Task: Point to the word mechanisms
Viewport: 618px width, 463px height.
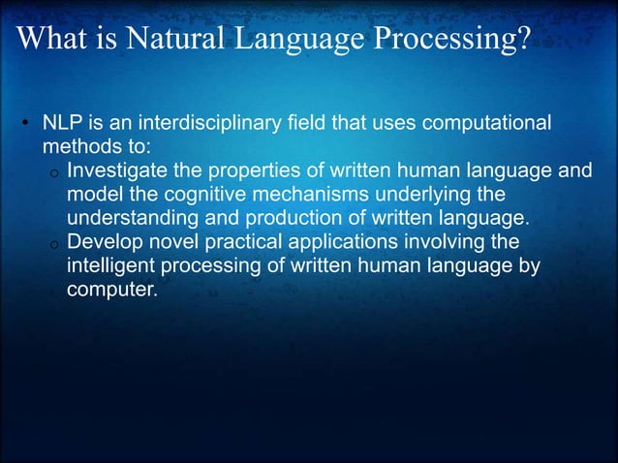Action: tap(310, 195)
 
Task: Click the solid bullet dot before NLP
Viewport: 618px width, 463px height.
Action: tap(27, 127)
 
